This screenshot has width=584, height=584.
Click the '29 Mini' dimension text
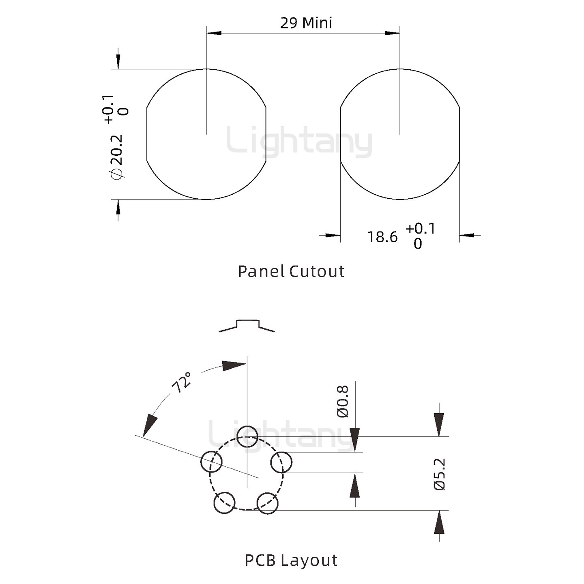306,23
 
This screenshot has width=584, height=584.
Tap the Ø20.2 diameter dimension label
116,157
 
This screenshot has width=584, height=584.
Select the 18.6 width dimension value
382,237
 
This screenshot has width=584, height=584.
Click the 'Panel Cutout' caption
291,271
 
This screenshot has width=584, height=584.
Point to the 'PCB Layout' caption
291,560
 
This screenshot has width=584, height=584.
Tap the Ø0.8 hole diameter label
343,401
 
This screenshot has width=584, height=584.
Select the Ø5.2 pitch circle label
440,474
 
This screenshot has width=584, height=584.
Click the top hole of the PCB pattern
247,436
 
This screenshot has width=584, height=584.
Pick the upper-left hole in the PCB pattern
211,462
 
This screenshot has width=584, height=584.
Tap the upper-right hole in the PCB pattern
281,462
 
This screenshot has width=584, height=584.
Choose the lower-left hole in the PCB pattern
224,503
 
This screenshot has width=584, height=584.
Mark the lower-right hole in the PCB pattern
268,503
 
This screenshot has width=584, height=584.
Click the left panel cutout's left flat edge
146,135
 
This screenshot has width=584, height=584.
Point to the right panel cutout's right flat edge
459,135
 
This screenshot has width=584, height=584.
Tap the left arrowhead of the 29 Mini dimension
213,33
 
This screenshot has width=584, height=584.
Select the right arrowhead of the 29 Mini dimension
393,33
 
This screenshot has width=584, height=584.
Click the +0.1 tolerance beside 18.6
420,229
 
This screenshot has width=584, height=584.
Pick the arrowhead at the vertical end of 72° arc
234,365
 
